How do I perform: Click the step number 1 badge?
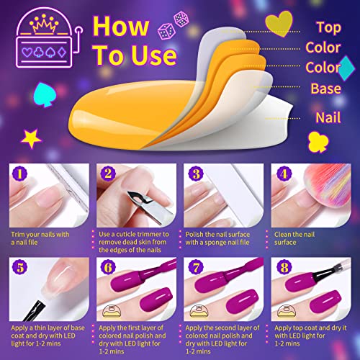19,174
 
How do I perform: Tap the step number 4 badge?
284,174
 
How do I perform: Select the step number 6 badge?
108,267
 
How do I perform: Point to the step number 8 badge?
284,267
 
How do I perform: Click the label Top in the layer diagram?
328,28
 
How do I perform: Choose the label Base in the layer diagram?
325,89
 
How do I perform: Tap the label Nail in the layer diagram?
328,117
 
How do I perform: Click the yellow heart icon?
279,24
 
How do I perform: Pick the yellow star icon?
31,138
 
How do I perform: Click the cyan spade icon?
45,94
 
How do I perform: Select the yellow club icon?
318,142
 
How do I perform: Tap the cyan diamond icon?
346,68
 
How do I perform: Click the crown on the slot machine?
44,23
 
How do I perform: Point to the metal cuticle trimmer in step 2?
149,207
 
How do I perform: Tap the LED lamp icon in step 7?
199,311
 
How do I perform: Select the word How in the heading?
121,26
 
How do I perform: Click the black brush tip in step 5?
35,310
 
